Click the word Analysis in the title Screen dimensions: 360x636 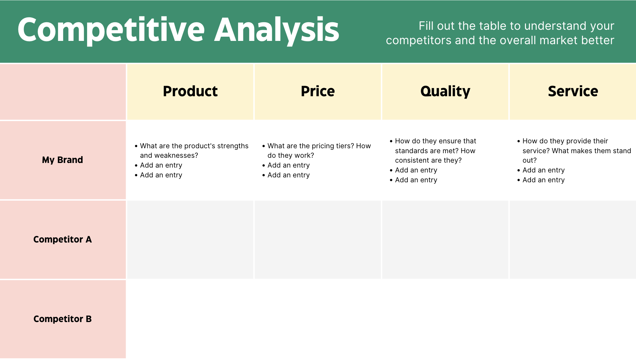277,30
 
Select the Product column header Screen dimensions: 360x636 190,91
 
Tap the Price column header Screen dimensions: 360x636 318,91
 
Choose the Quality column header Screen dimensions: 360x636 445,91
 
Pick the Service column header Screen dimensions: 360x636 573,91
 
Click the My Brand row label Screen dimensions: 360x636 63,160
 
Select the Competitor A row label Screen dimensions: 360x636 63,240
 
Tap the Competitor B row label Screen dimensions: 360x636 63,319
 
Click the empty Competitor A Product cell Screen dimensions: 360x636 190,240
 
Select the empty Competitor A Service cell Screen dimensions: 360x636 573,240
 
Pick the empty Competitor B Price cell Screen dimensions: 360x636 318,319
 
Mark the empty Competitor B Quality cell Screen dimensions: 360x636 445,319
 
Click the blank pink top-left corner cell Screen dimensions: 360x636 63,92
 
